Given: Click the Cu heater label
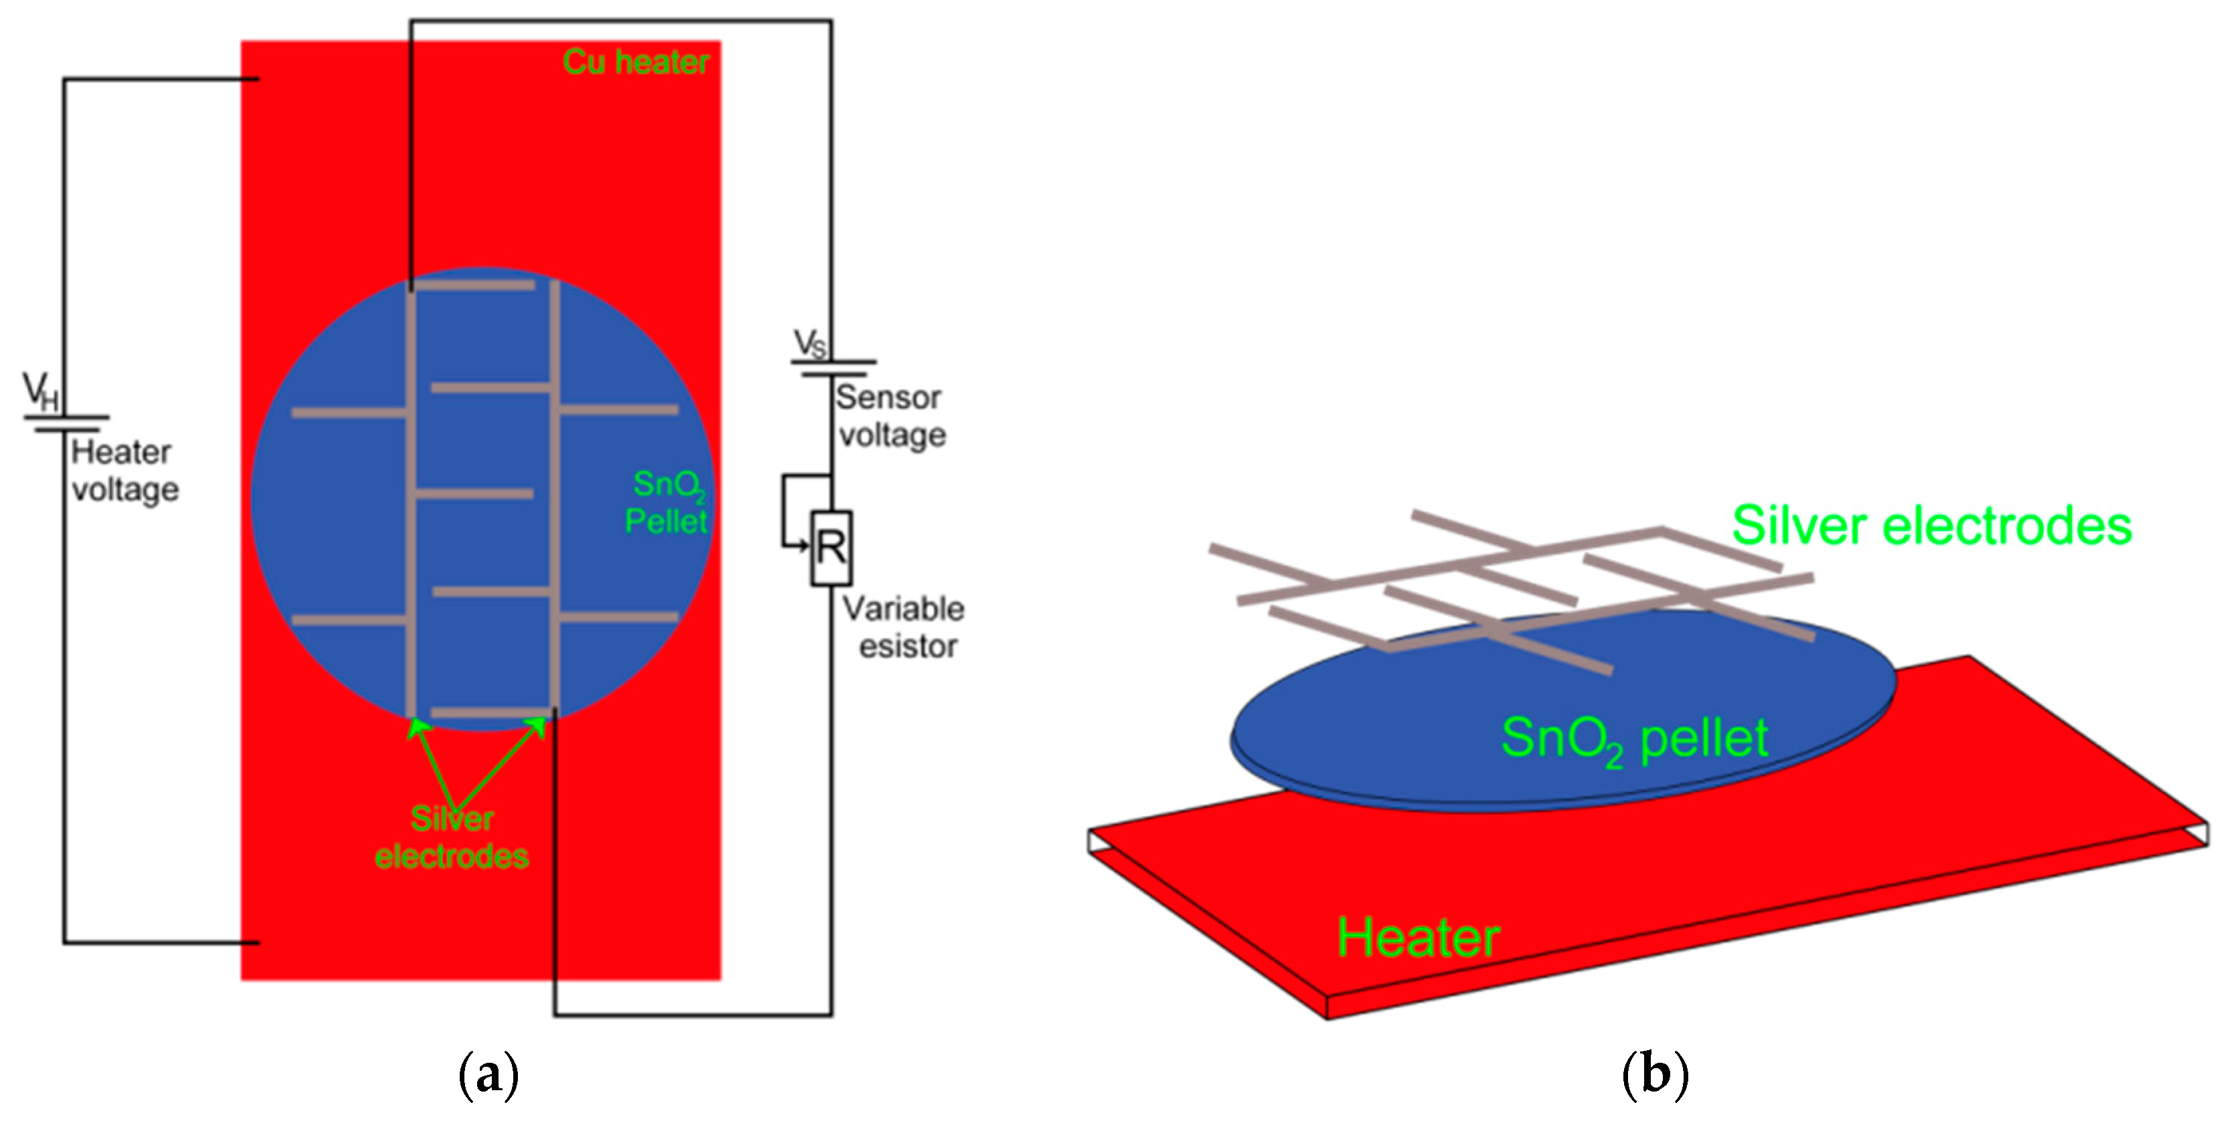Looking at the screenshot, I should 636,62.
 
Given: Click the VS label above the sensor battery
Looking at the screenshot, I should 810,344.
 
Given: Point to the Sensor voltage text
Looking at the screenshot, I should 890,416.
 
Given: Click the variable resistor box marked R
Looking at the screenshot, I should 831,548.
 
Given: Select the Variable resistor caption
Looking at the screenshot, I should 904,627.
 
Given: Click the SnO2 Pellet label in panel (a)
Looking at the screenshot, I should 667,503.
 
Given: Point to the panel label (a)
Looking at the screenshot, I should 488,1075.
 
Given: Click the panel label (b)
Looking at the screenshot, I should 1654,1074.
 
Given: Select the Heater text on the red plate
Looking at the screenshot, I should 1418,938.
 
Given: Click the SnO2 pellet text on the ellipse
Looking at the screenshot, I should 1634,740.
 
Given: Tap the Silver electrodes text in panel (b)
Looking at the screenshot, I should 1931,526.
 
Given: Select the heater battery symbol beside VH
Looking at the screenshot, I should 66,423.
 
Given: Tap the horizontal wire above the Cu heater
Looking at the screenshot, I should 621,21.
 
